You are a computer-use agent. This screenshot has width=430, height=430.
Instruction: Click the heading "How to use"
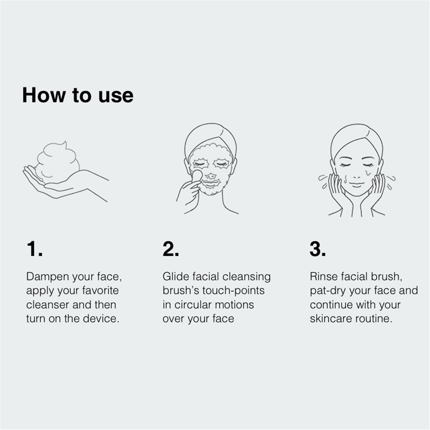[78, 96]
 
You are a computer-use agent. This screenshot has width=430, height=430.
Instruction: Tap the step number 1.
[35, 249]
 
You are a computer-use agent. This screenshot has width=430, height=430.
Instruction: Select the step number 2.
[171, 249]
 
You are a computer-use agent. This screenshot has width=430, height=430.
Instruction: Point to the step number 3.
[318, 249]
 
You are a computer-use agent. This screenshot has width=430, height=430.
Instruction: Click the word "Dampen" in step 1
[48, 277]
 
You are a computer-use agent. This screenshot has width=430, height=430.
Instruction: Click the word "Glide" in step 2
[176, 277]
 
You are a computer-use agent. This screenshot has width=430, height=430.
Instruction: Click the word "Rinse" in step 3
[324, 277]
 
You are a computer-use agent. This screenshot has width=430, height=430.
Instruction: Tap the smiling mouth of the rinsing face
[356, 185]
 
